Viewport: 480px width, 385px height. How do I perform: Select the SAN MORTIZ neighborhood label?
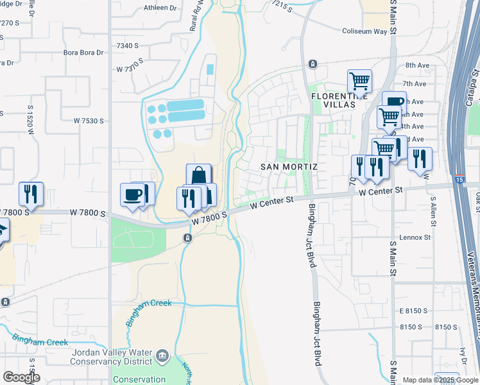pyautogui.click(x=289, y=166)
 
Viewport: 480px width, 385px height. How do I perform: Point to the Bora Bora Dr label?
pyautogui.click(x=83, y=53)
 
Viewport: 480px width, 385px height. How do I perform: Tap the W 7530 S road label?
pyautogui.click(x=89, y=121)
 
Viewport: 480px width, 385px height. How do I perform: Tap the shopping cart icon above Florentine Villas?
pyautogui.click(x=359, y=81)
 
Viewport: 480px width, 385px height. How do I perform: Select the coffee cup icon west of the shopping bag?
pyautogui.click(x=133, y=195)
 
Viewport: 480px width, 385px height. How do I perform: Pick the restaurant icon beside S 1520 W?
pyautogui.click(x=31, y=193)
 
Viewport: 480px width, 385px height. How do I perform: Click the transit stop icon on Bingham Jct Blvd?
pyautogui.click(x=312, y=64)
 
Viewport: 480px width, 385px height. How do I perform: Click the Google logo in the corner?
pyautogui.click(x=21, y=377)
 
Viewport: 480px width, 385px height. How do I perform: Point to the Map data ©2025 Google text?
pyautogui.click(x=440, y=381)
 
